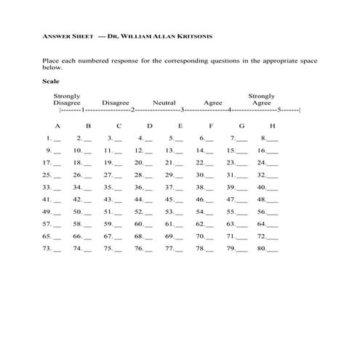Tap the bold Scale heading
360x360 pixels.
[x=52, y=81]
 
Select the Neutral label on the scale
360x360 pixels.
[x=164, y=103]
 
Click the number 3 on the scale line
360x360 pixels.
[x=181, y=111]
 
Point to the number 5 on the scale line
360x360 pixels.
[x=279, y=111]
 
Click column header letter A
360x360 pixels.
[x=57, y=126]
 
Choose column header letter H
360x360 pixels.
[x=272, y=126]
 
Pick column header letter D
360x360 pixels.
[x=149, y=126]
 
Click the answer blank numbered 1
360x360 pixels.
[x=57, y=139]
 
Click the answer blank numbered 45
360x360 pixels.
[x=179, y=200]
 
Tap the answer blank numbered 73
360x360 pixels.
[x=57, y=249]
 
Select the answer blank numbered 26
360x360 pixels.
[x=88, y=175]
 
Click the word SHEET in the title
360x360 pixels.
[x=81, y=36]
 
